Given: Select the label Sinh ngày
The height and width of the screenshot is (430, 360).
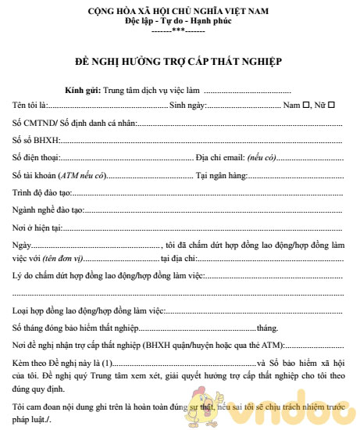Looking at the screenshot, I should [x=187, y=105].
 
